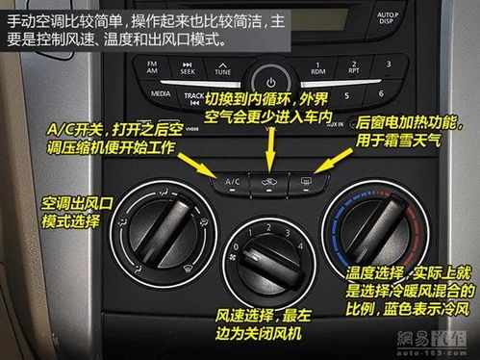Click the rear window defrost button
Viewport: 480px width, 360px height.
(307, 180)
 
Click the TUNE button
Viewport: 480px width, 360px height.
(222, 68)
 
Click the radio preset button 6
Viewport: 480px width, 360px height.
(382, 94)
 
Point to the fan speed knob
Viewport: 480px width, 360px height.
(269, 255)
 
